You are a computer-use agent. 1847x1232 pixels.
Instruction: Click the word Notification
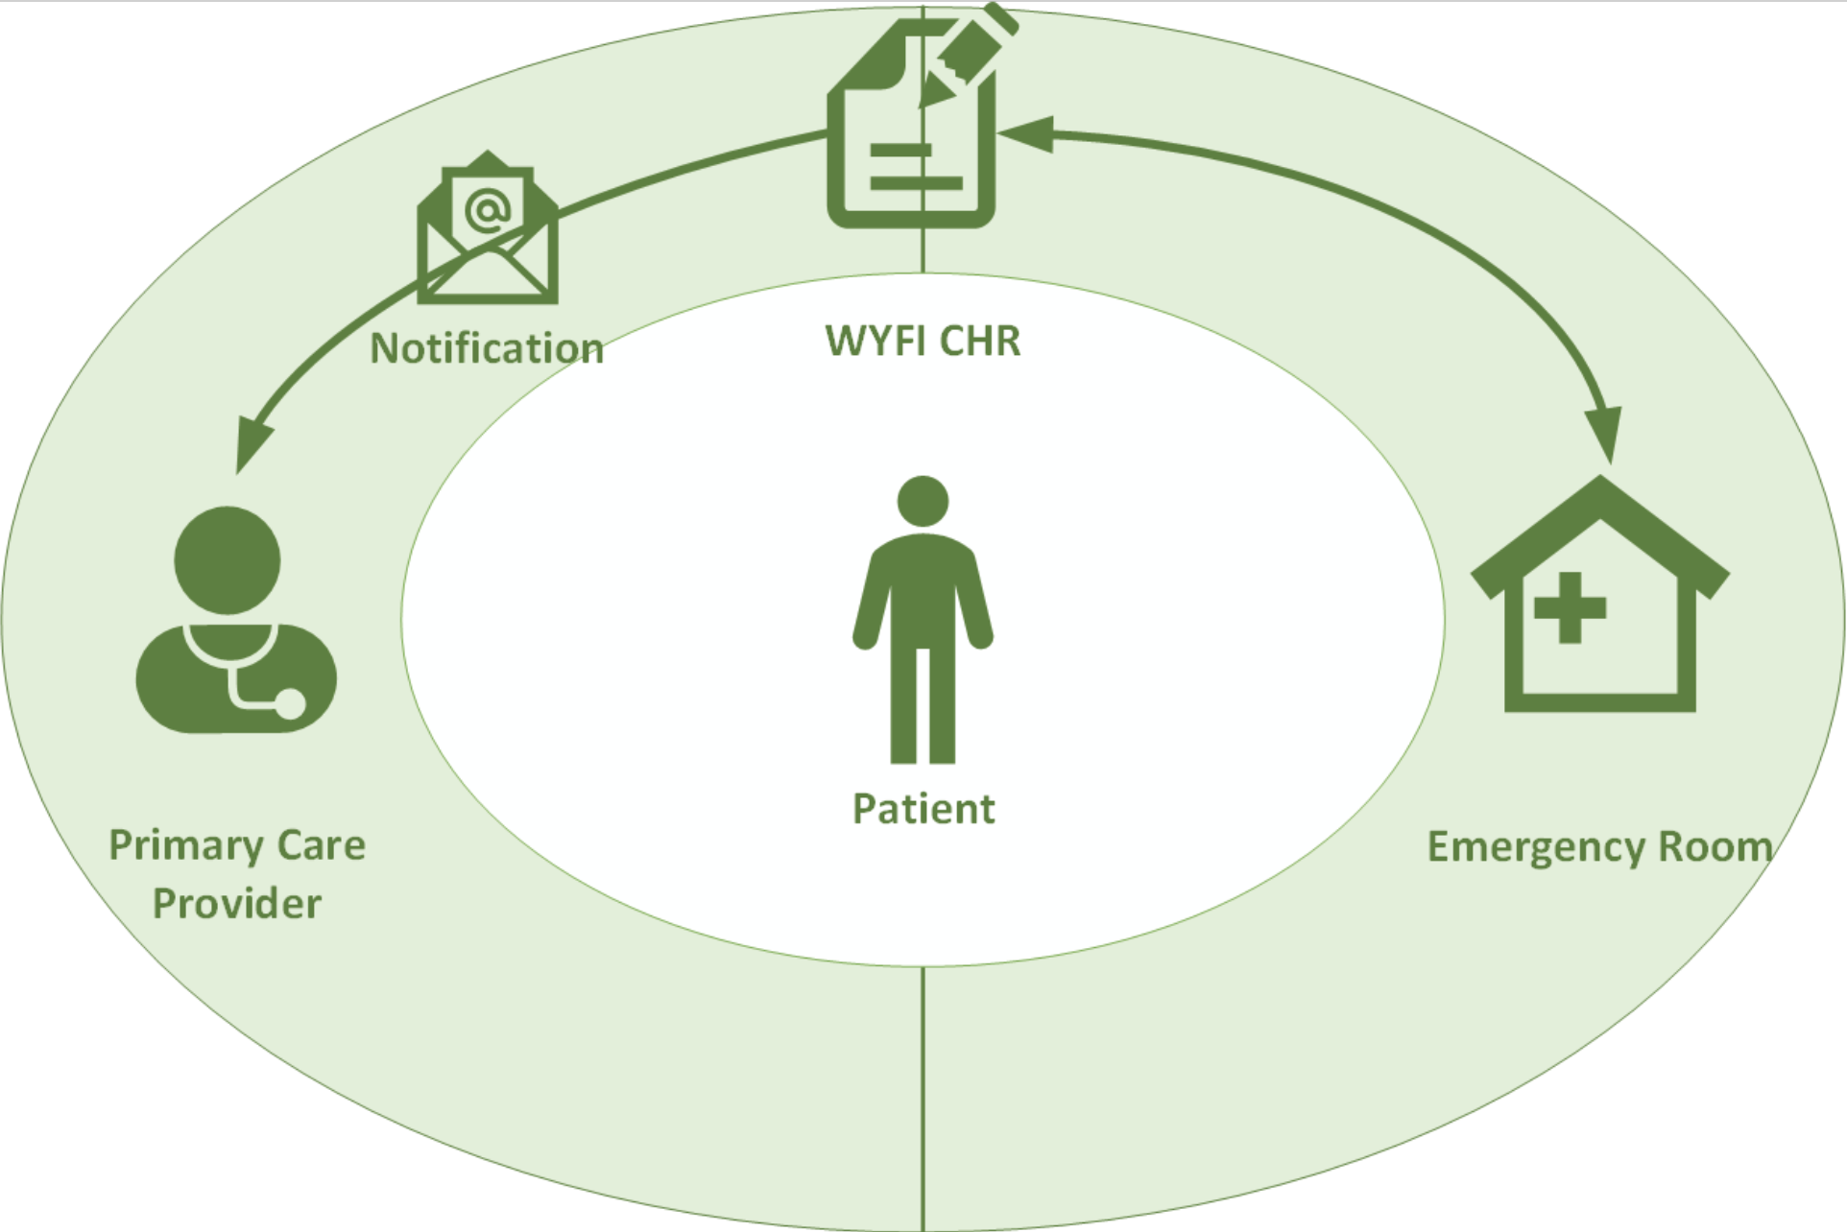click(x=487, y=348)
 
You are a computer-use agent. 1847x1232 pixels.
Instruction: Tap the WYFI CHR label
click(x=923, y=341)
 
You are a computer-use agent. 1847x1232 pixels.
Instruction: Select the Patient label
click(x=923, y=809)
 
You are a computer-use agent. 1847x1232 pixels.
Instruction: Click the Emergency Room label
click(x=1598, y=847)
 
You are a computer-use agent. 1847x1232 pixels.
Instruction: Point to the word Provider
click(x=237, y=904)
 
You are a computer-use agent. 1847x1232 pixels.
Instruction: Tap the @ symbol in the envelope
click(x=488, y=209)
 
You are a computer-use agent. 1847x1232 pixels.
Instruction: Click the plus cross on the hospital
click(x=1570, y=607)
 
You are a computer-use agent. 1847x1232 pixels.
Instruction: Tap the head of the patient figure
click(x=923, y=501)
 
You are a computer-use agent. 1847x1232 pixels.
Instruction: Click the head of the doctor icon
click(x=228, y=560)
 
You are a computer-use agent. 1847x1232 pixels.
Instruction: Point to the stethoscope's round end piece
click(x=289, y=704)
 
